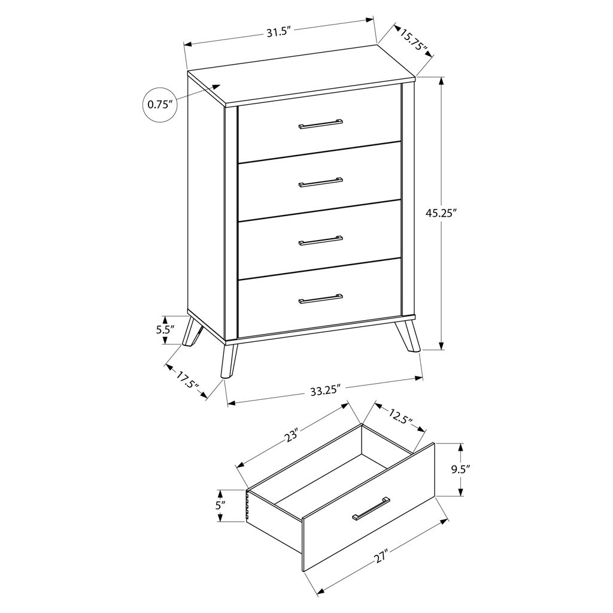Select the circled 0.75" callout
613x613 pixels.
point(160,104)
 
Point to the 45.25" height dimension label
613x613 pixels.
point(441,213)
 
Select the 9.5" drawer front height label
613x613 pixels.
point(460,469)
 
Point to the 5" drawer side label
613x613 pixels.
point(220,505)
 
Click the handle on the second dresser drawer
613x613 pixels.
point(321,182)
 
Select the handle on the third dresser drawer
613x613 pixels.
point(321,241)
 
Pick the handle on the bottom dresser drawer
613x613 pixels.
point(321,298)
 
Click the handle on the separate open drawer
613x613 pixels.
point(371,509)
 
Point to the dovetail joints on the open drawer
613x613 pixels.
point(247,506)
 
